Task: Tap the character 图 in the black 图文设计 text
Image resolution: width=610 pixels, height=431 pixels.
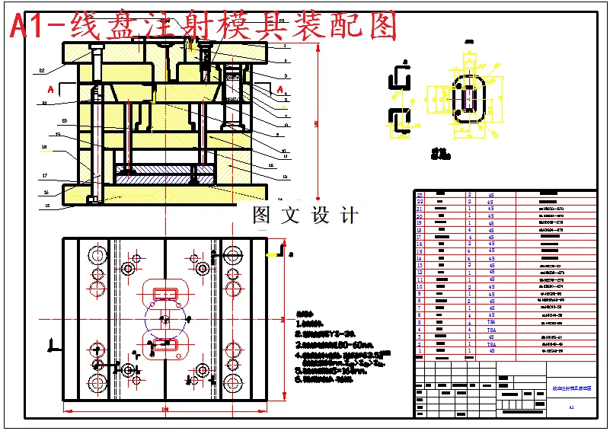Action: coord(261,215)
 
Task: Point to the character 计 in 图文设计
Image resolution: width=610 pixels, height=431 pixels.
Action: coord(350,215)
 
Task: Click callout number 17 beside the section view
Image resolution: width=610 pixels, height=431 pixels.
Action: coord(45,175)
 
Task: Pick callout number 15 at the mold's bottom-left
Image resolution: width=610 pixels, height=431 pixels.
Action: coord(46,206)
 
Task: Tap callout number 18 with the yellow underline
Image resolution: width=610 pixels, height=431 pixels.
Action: coord(45,147)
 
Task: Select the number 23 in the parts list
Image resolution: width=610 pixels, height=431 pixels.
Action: coord(420,195)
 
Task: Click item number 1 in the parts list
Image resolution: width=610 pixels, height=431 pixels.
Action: coord(420,351)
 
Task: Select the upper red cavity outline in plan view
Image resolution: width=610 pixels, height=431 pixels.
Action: coord(165,292)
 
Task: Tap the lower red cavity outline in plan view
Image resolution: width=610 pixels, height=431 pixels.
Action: coord(165,344)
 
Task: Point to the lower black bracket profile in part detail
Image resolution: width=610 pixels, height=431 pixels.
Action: coord(401,118)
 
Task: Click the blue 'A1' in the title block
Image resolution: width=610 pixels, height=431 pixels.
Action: coord(571,408)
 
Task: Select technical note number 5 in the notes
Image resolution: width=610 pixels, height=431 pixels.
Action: coord(298,371)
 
